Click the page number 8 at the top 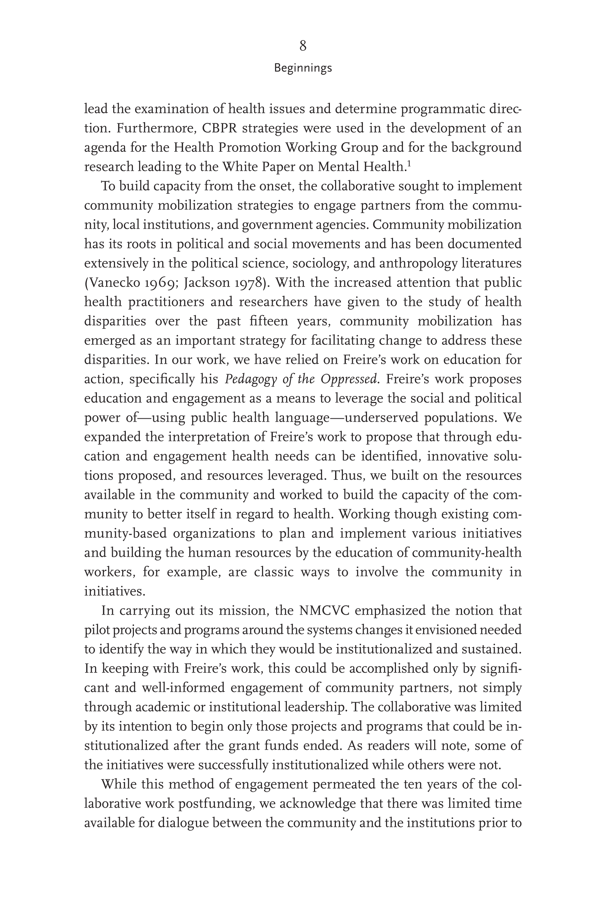click(x=302, y=46)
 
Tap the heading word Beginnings click(x=302, y=68)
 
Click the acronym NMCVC click(x=324, y=611)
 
